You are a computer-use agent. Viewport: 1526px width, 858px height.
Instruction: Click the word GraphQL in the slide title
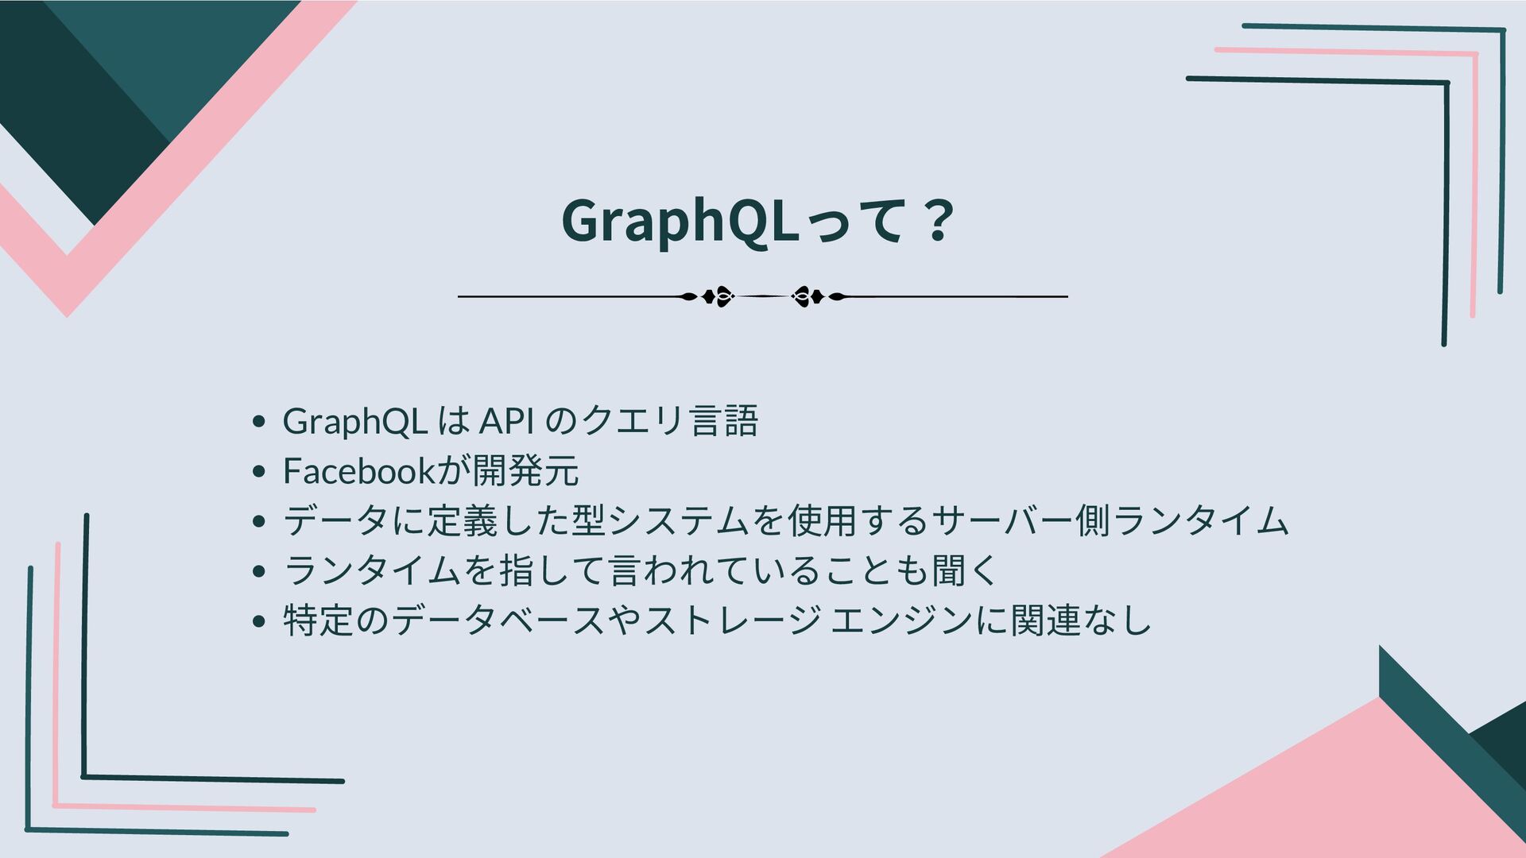pos(678,221)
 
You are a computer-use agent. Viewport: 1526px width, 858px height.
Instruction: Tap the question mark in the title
pos(939,221)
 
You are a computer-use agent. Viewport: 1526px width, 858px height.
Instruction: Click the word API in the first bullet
pos(506,421)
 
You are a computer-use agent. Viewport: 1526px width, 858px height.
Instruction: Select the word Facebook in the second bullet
pos(358,471)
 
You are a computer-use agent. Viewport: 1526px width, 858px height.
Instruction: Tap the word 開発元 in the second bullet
pos(525,471)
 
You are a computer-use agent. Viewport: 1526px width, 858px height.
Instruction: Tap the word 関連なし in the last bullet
pos(1081,621)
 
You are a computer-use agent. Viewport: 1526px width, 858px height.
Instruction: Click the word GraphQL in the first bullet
pos(355,421)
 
